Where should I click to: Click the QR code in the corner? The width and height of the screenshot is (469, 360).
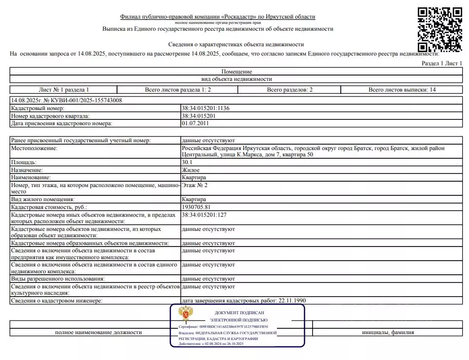[x=440, y=29]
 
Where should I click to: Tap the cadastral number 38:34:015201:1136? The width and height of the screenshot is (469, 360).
[x=205, y=109]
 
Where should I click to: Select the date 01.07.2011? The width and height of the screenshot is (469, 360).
[x=195, y=123]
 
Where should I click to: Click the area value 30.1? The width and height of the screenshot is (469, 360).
[x=187, y=162]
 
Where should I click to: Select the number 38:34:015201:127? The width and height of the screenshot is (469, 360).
[x=204, y=214]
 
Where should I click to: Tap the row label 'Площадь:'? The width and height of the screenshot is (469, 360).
[x=24, y=162]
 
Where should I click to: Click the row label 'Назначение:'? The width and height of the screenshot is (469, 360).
[x=27, y=170]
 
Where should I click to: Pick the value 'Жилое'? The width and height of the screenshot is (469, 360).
[x=190, y=170]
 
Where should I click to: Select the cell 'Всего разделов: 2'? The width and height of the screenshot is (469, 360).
[x=290, y=90]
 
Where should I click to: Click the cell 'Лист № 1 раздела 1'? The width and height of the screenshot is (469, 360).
[x=64, y=90]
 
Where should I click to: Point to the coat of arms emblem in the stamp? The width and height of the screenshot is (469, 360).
[x=185, y=313]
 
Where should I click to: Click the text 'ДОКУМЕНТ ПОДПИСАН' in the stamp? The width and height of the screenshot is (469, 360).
[x=239, y=312]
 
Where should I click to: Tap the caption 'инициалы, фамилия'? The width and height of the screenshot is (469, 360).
[x=388, y=332]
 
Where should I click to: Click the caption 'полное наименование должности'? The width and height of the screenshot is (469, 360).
[x=98, y=332]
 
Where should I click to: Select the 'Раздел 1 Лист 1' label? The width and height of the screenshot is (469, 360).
[x=442, y=63]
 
